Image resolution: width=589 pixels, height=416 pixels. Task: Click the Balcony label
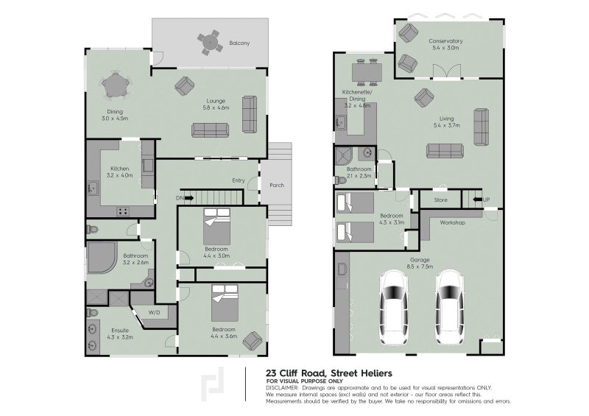[239, 43]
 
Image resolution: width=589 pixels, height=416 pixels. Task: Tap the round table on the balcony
[211, 42]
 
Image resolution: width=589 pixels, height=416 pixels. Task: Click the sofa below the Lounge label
[211, 130]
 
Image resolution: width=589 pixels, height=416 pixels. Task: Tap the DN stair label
[179, 198]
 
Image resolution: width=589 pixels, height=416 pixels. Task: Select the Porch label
[276, 185]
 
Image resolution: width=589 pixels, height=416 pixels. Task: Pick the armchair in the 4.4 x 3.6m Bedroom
[252, 340]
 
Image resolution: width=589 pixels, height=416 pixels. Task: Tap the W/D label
[154, 313]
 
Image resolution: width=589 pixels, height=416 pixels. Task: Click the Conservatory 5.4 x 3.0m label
[445, 44]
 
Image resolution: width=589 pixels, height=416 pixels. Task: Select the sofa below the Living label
[445, 151]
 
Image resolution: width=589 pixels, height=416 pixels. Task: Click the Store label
[440, 200]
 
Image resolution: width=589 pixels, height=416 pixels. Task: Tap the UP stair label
[486, 200]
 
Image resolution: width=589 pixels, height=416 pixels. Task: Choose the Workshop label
[451, 222]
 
